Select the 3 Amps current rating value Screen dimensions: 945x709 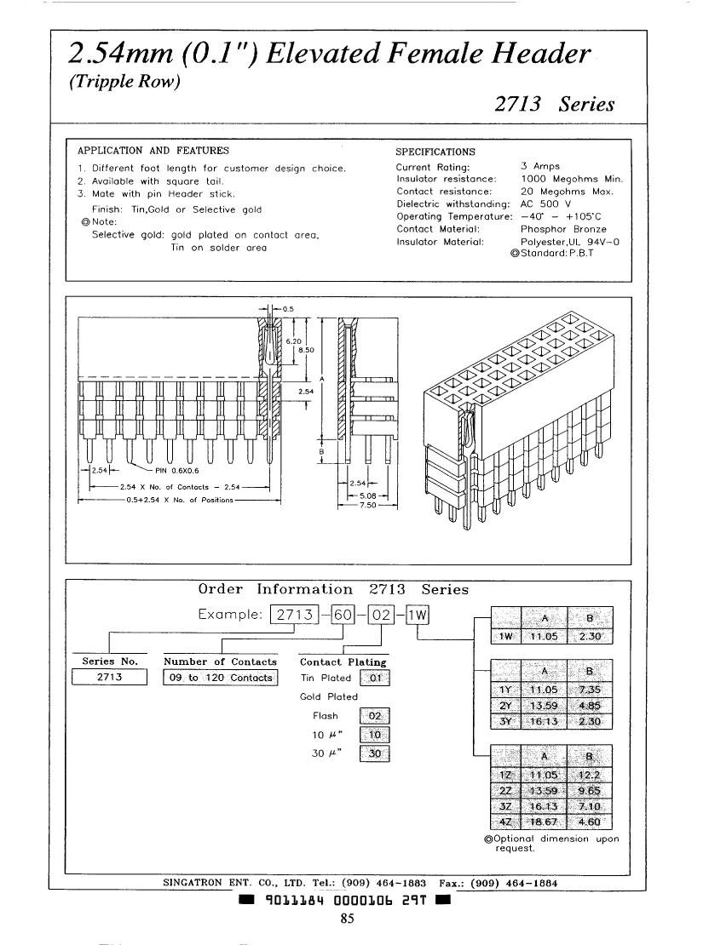click(540, 167)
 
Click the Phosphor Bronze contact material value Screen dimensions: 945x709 click(563, 229)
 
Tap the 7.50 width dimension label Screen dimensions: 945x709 click(366, 505)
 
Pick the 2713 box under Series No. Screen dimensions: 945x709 click(111, 678)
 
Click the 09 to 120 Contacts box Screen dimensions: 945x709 click(221, 678)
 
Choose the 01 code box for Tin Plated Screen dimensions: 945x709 click(376, 679)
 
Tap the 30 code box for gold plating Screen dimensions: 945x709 click(376, 753)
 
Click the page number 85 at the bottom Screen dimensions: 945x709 click(347, 918)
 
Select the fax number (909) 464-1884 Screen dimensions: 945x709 click(514, 883)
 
